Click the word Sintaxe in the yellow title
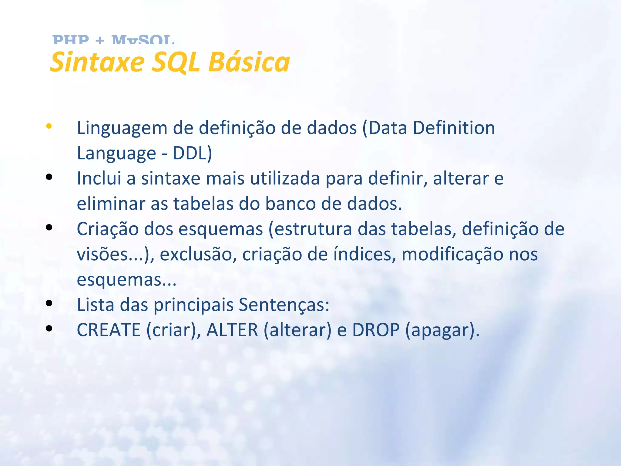click(97, 62)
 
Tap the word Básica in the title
click(249, 62)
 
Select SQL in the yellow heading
click(176, 62)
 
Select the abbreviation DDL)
click(192, 153)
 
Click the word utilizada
click(285, 178)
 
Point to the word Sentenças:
click(284, 305)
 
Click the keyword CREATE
click(109, 330)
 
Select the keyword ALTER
click(232, 330)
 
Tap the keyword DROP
click(376, 330)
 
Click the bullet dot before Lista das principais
click(49, 303)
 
